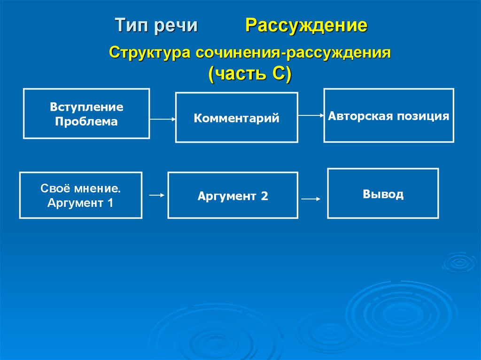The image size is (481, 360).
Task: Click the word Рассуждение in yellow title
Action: point(305,25)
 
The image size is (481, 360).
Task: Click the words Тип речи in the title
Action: point(156,25)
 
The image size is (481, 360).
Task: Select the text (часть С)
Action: point(250,74)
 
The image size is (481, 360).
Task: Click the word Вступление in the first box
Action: point(86,107)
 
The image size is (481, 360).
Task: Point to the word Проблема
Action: point(86,122)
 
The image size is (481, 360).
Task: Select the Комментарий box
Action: point(236,117)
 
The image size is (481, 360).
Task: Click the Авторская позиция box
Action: point(388,115)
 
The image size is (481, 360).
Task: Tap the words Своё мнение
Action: point(80,189)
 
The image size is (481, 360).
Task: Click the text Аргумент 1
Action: point(80,203)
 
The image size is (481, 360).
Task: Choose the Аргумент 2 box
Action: point(233,195)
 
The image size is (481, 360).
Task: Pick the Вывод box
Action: point(383,193)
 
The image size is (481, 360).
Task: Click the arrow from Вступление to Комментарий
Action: point(163,120)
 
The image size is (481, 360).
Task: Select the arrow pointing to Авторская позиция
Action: point(310,115)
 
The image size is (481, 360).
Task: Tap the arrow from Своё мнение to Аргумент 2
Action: point(156,195)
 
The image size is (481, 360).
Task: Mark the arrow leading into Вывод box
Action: point(311,199)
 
